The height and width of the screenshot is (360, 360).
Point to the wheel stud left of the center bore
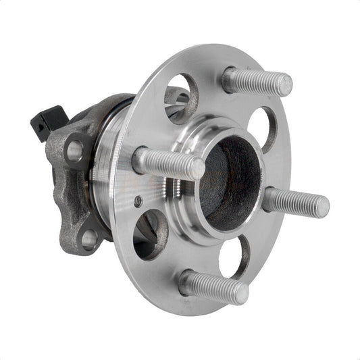click(x=169, y=163)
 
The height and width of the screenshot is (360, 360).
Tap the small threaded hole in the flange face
click(x=138, y=201)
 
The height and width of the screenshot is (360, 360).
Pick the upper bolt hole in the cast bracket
click(x=74, y=149)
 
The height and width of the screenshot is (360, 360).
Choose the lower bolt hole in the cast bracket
click(x=88, y=238)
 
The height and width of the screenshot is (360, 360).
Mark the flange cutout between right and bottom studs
click(x=234, y=257)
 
